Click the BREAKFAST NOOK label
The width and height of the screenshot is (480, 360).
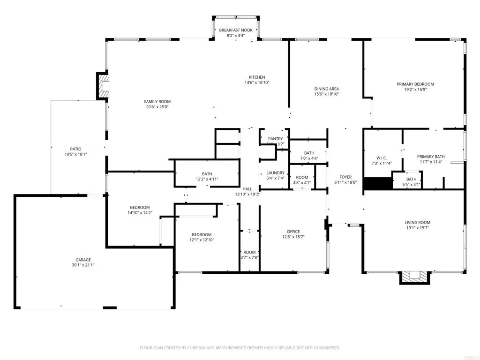tap(236, 30)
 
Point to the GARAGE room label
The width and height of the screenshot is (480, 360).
tap(83, 260)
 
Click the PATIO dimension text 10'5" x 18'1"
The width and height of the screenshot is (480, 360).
tap(76, 154)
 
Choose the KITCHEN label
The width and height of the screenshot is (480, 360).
tap(257, 77)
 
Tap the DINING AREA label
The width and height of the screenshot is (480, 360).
tap(326, 89)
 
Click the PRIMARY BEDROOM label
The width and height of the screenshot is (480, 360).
tap(415, 84)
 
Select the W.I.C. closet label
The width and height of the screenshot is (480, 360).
tap(381, 158)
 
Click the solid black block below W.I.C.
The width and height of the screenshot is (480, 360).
tap(378, 184)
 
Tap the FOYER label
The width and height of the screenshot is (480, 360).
tap(345, 177)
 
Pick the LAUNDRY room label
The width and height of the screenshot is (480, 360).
tap(275, 173)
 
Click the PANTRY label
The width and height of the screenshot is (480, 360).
tap(275, 139)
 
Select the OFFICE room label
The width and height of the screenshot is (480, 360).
tap(293, 232)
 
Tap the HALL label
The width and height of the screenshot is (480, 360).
tap(247, 189)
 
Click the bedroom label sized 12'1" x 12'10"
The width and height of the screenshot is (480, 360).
tap(202, 235)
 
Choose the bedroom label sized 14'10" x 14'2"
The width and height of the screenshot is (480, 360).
tap(140, 208)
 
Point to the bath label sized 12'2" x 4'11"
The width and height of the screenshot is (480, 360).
tap(207, 173)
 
